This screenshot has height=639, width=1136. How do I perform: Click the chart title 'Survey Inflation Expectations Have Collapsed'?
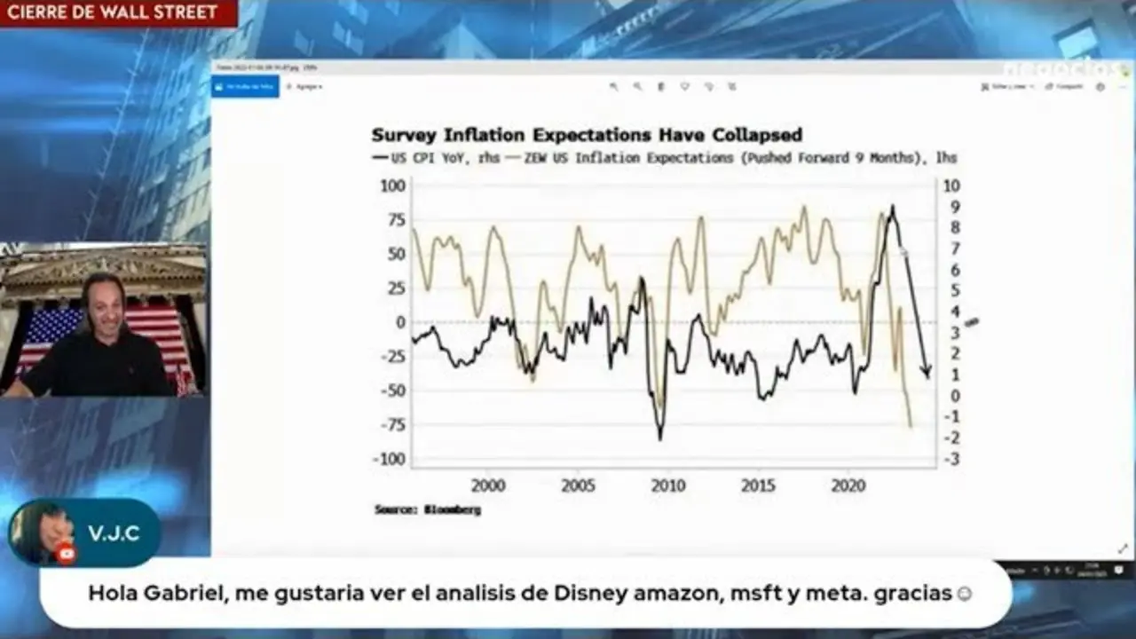point(587,135)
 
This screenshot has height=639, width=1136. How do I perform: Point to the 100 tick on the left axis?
point(393,185)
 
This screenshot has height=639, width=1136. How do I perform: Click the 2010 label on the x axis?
point(668,485)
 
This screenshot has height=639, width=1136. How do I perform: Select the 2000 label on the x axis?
point(488,485)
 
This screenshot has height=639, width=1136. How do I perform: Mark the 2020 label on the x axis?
point(848,485)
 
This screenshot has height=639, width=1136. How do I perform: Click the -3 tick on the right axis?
point(952,459)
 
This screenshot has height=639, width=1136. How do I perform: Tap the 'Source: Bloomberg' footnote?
point(427,510)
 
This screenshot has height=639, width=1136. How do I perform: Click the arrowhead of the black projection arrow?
point(926,372)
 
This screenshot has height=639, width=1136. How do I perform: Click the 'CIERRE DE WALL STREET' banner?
point(112,12)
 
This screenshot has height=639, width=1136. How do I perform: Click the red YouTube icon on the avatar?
point(66,554)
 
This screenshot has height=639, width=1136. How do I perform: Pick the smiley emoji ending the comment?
point(964,594)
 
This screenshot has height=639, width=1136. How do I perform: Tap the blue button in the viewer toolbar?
point(246,86)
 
